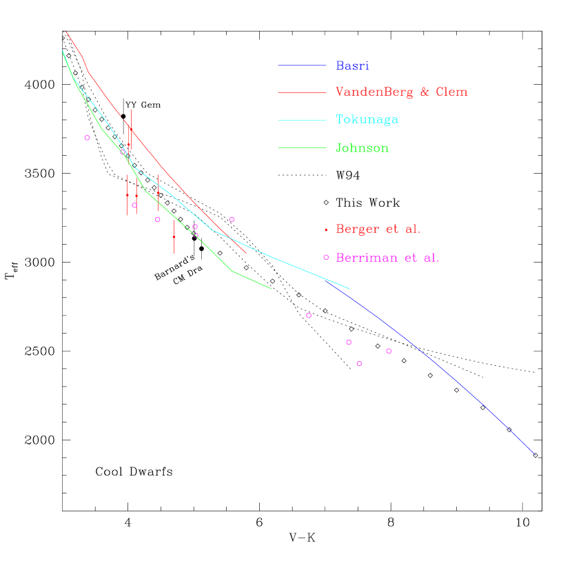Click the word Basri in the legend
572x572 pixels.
click(352, 65)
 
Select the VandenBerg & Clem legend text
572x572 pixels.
click(402, 92)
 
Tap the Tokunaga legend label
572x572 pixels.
click(367, 119)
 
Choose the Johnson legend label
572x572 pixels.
click(362, 147)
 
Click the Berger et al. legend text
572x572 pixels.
click(378, 229)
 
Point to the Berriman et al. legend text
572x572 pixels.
click(387, 258)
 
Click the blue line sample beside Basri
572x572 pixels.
click(302, 65)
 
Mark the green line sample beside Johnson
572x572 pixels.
click(302, 147)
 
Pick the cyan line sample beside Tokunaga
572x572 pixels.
click(302, 120)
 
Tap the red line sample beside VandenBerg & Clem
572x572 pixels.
click(302, 92)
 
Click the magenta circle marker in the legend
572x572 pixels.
click(326, 257)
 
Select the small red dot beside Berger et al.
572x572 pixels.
click(326, 229)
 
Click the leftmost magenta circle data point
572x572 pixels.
click(87, 138)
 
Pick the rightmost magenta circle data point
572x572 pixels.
click(389, 351)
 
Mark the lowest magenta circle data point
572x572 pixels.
click(359, 363)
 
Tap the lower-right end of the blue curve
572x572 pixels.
click(535, 455)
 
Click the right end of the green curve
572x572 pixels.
click(271, 288)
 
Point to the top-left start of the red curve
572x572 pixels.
click(65, 32)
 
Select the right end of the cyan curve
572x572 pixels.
click(349, 289)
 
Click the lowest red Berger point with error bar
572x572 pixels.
click(174, 236)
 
